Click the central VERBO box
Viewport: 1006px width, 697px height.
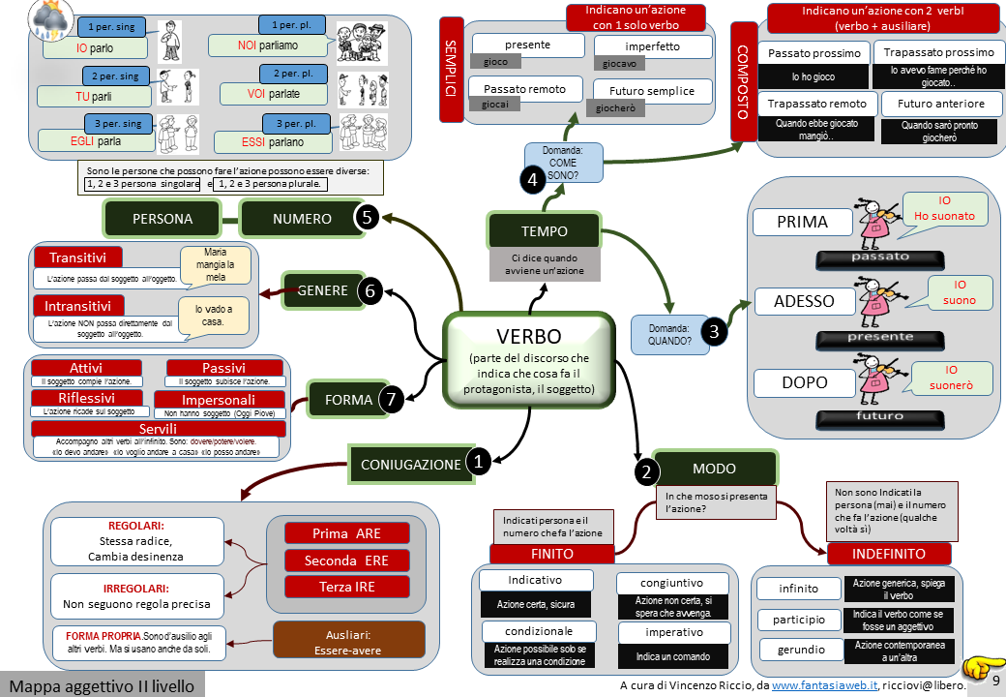pyautogui.click(x=529, y=359)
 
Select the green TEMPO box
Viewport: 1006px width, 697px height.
pyautogui.click(x=544, y=231)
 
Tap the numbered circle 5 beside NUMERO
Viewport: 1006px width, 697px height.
pyautogui.click(x=366, y=218)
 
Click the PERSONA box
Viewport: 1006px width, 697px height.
pyautogui.click(x=163, y=219)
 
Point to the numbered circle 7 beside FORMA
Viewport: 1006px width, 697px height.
pyautogui.click(x=390, y=398)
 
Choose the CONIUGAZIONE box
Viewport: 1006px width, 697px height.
pyautogui.click(x=411, y=464)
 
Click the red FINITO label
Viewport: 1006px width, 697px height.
pyautogui.click(x=552, y=554)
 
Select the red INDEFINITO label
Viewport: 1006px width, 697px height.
pyautogui.click(x=888, y=554)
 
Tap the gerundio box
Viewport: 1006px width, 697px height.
pyautogui.click(x=801, y=650)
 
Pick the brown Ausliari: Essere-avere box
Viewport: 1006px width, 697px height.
pyautogui.click(x=349, y=640)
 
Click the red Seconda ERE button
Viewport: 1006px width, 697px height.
pyautogui.click(x=346, y=561)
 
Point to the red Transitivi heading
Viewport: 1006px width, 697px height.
pyautogui.click(x=77, y=258)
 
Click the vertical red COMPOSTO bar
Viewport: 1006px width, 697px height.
pyautogui.click(x=742, y=81)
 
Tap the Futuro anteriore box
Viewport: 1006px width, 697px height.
pyautogui.click(x=940, y=104)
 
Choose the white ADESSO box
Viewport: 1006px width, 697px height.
pyautogui.click(x=803, y=301)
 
